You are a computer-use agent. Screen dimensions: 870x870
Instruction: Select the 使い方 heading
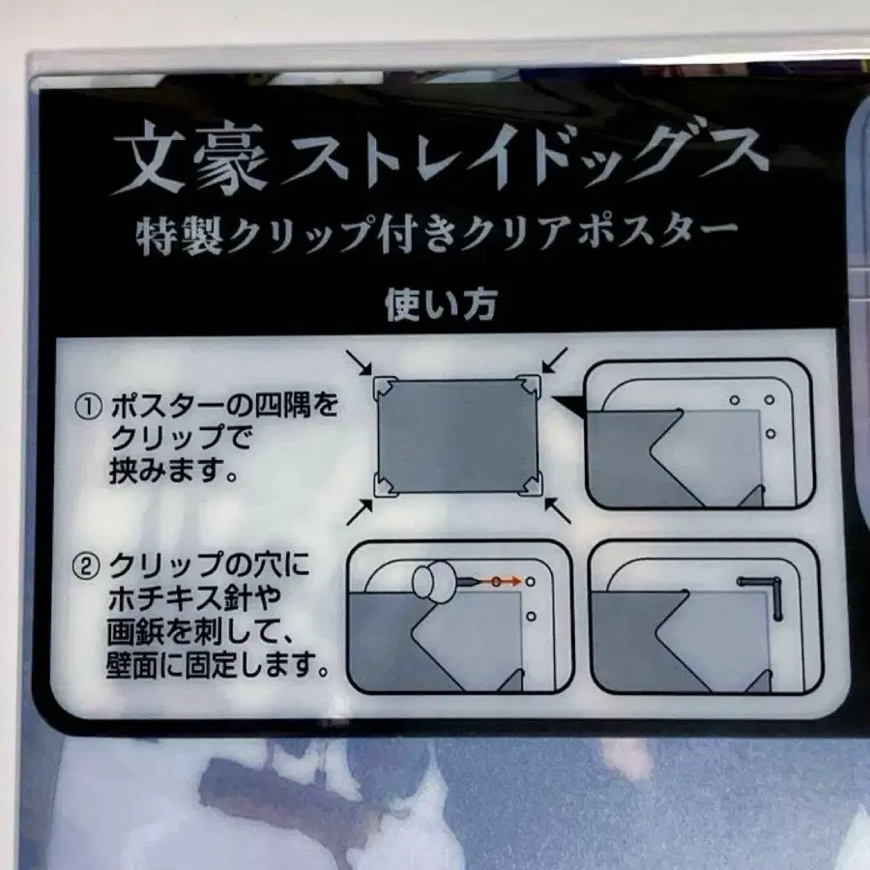click(440, 304)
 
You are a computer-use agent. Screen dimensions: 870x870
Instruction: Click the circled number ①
click(88, 407)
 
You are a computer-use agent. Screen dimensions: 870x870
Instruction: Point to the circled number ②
click(86, 567)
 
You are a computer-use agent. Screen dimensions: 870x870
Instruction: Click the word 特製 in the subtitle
click(179, 235)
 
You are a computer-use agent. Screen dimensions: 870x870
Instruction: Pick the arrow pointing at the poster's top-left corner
click(359, 362)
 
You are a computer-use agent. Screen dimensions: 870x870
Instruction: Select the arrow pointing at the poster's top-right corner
click(555, 360)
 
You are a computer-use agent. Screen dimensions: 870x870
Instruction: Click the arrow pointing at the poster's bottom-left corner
click(360, 511)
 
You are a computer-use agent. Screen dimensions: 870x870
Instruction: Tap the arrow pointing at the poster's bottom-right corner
click(558, 510)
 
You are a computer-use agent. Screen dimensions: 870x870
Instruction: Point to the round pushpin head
click(433, 580)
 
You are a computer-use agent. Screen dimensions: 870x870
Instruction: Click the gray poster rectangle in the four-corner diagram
click(457, 436)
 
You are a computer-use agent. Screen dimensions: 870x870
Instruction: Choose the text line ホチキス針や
click(194, 598)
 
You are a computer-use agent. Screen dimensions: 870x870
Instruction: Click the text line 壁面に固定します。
click(217, 663)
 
